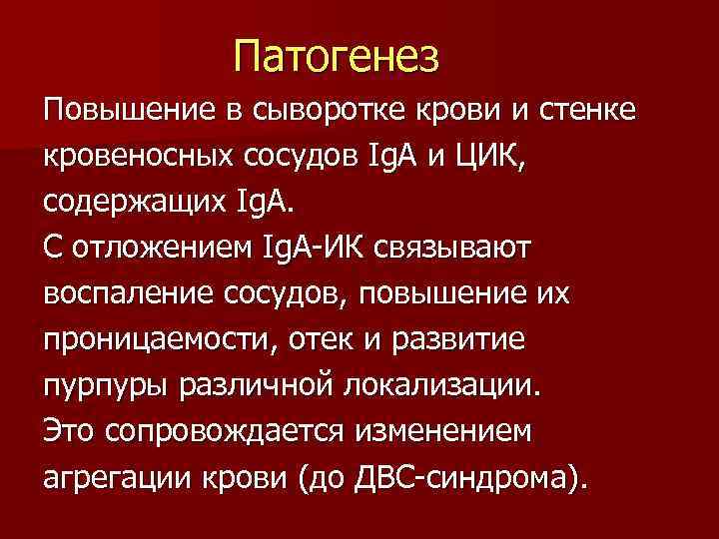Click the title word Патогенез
[337, 56]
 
